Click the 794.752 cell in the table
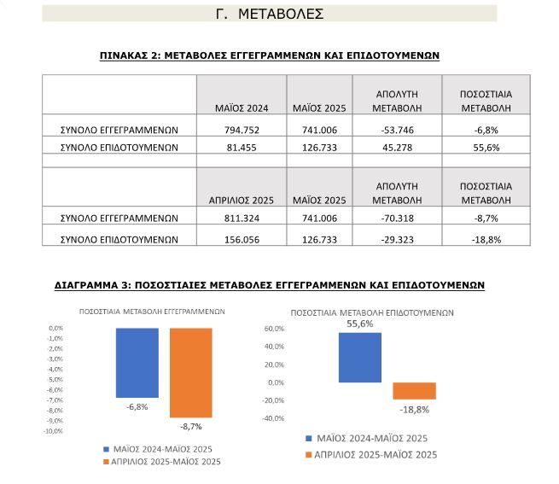pyautogui.click(x=242, y=131)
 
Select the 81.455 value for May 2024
pyautogui.click(x=242, y=148)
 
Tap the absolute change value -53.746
pyautogui.click(x=397, y=131)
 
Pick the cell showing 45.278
pyautogui.click(x=397, y=148)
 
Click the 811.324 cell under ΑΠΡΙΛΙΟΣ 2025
pyautogui.click(x=242, y=219)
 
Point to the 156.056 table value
pyautogui.click(x=242, y=240)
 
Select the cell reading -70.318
pyautogui.click(x=397, y=219)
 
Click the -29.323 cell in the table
pyautogui.click(x=397, y=240)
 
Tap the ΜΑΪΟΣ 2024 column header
pyautogui.click(x=242, y=108)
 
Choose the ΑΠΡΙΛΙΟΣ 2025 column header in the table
pyautogui.click(x=242, y=201)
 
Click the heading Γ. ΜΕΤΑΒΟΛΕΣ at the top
pyautogui.click(x=270, y=14)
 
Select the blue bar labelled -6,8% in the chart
pyautogui.click(x=137, y=363)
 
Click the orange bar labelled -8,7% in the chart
pyautogui.click(x=191, y=373)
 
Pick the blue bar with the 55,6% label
pyautogui.click(x=360, y=358)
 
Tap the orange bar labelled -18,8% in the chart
pyautogui.click(x=414, y=391)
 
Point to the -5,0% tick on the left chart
pyautogui.click(x=55, y=380)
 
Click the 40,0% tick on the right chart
pyautogui.click(x=274, y=347)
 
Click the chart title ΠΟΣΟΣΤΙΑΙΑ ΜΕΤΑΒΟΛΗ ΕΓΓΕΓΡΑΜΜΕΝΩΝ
pyautogui.click(x=152, y=312)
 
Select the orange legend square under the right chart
pyautogui.click(x=309, y=455)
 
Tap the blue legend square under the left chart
pyautogui.click(x=106, y=449)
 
